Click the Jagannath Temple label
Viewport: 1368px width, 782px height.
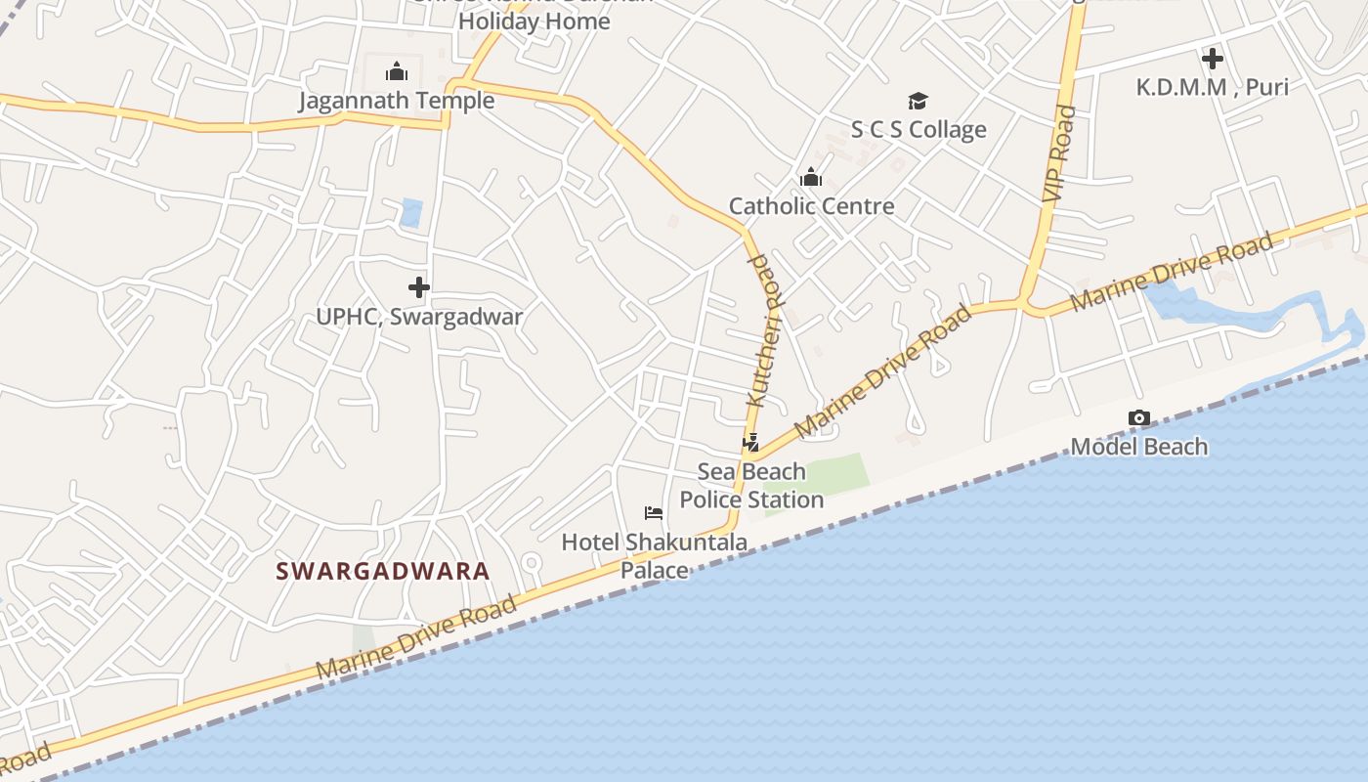click(396, 101)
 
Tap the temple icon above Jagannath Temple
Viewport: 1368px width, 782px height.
click(396, 71)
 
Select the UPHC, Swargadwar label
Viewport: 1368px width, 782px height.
click(419, 317)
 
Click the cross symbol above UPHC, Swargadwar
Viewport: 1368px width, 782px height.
click(419, 287)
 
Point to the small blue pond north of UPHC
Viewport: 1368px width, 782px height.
click(411, 213)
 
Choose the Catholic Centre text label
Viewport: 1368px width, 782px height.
click(811, 206)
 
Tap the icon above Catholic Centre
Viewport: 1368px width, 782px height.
click(811, 177)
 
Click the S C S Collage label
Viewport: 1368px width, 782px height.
click(918, 130)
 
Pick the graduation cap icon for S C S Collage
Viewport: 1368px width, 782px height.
click(918, 101)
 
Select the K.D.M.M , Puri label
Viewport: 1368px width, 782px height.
click(1212, 87)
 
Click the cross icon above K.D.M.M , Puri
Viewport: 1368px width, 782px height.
click(1212, 59)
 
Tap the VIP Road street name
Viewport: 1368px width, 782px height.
click(1059, 154)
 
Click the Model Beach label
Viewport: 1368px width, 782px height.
click(1138, 447)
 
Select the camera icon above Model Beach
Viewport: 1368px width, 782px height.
click(1138, 418)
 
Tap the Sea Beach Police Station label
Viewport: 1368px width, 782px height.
click(751, 486)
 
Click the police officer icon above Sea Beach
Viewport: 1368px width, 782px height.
click(750, 443)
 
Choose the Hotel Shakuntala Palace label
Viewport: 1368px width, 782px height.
click(654, 555)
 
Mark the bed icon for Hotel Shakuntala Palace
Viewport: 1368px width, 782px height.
click(654, 513)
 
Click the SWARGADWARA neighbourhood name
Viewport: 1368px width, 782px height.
click(383, 571)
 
